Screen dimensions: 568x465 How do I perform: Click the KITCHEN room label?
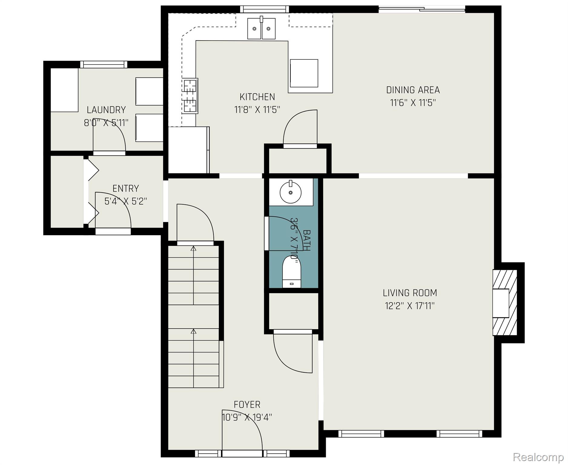coord(257,97)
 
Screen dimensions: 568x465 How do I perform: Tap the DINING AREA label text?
coord(413,90)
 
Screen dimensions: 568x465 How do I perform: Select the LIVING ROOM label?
coord(410,293)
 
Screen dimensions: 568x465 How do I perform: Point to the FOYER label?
coord(247,404)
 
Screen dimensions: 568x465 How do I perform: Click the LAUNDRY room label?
coord(106,110)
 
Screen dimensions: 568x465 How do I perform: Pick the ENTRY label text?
coord(126,188)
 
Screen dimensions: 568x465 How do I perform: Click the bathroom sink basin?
coord(290,192)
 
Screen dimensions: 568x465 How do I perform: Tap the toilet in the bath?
coord(292,272)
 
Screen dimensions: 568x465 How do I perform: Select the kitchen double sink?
coord(262,28)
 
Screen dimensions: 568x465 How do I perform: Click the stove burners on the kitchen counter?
coord(190,96)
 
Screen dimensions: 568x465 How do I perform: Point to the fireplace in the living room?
coord(505,303)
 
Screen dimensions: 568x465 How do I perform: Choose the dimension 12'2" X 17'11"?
coord(410,306)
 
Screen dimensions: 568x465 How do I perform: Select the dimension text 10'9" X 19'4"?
coord(247,417)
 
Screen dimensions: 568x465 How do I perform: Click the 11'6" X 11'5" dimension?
coord(413,103)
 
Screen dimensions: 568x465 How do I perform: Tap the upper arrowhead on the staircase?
coord(193,249)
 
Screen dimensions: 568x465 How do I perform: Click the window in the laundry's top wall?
coord(104,64)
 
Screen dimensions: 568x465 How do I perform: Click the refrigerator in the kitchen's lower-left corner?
coord(189,150)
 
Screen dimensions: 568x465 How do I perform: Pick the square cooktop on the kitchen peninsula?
coord(304,73)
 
